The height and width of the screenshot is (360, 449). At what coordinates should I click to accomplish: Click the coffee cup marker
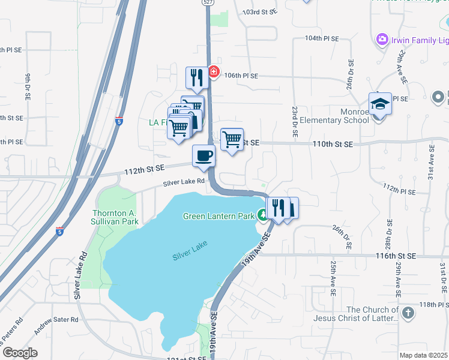203,156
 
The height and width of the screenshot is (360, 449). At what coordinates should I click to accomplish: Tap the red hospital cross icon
213,73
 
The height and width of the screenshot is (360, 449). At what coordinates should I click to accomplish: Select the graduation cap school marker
379,104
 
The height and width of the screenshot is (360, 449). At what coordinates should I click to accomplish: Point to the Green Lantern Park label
220,215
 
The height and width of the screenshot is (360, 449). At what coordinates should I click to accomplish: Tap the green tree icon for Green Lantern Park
262,214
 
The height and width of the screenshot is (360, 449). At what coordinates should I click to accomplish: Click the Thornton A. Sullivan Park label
116,217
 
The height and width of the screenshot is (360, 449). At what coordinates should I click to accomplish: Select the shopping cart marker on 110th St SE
232,140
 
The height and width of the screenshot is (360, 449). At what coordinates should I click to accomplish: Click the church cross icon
407,313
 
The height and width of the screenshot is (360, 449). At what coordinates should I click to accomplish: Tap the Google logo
20,353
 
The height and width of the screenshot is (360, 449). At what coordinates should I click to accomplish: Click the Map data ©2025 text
423,355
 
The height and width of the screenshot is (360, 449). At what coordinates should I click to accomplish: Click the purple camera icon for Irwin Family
381,40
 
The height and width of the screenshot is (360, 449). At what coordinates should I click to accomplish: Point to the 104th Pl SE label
322,38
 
